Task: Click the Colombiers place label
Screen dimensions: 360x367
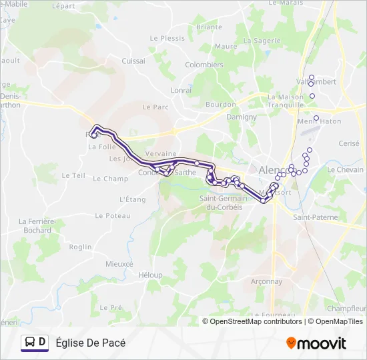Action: point(204,65)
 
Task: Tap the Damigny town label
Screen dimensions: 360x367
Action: point(242,117)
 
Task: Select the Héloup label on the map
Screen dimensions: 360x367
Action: point(150,275)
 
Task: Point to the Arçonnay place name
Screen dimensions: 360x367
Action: point(266,281)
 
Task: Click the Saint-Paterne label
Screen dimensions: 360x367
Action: point(316,218)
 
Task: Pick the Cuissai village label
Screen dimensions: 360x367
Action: point(133,61)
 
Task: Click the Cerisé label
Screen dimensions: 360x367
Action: point(349,143)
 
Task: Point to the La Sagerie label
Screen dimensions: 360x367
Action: point(262,41)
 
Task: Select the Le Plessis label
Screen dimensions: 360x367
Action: point(167,38)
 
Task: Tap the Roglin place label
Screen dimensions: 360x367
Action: point(80,247)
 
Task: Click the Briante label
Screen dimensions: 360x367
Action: point(209,27)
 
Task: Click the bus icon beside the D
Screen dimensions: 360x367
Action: point(30,343)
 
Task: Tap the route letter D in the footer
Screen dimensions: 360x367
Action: point(43,343)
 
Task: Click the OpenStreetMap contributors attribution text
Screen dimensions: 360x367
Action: point(256,321)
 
